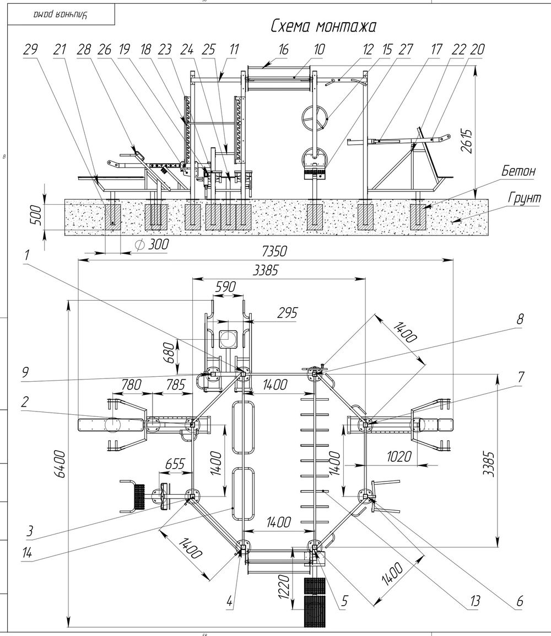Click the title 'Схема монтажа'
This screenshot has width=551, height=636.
coord(323,26)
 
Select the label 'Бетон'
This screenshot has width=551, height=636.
coord(518,171)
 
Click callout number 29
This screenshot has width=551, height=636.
coord(31,50)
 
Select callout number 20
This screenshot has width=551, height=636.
coord(477,50)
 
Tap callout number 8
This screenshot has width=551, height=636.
coord(520,319)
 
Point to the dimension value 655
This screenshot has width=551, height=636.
coord(175,465)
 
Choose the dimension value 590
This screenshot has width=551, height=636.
coord(225,287)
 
